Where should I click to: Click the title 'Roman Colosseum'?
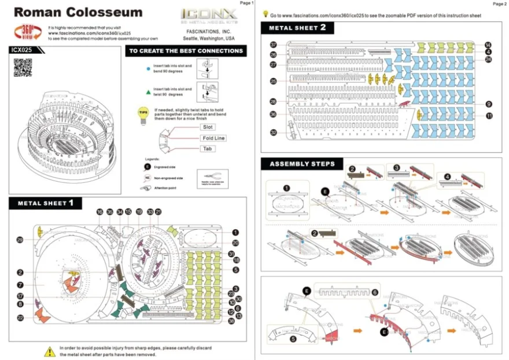78,12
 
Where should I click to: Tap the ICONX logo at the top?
208,13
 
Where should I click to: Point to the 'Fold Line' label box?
213,138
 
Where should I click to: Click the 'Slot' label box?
208,127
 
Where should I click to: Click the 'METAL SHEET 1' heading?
46,203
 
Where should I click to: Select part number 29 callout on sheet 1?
20,240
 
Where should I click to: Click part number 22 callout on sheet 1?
20,318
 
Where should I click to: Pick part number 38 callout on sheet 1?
231,321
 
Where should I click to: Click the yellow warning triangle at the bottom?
50,350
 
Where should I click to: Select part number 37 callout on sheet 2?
274,45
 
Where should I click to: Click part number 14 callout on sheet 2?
488,45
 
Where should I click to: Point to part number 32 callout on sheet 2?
274,133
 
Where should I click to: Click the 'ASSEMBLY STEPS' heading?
301,164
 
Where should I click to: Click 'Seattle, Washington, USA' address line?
209,38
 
